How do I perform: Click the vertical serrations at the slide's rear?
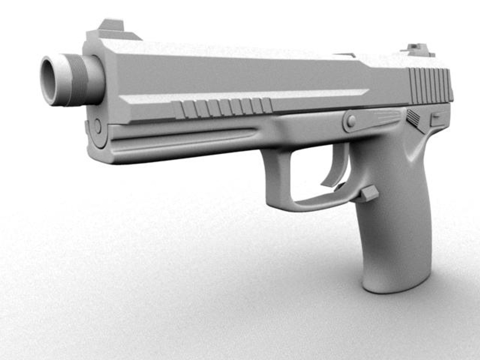[x=430, y=85]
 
